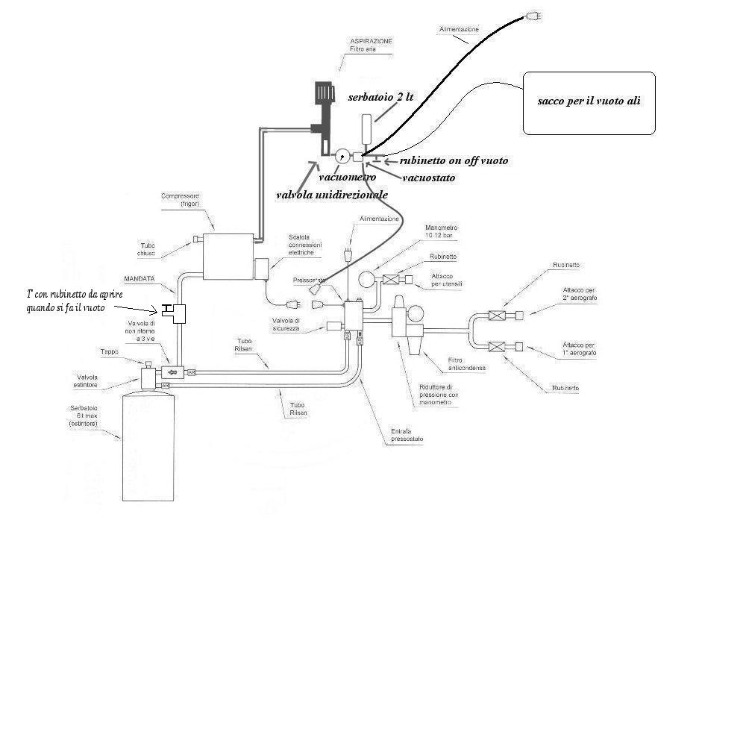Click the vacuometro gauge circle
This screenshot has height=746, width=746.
point(342,156)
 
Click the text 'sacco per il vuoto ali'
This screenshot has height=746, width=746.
point(589,101)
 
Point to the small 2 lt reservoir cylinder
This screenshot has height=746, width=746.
point(366,128)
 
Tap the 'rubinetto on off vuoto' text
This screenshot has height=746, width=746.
point(454,160)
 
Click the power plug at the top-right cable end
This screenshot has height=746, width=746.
point(533,15)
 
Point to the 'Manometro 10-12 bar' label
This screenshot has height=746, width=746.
point(441,231)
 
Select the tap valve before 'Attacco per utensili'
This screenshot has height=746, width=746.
point(390,280)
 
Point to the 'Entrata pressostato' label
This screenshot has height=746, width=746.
point(407,435)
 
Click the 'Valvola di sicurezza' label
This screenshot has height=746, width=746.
point(286,325)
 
